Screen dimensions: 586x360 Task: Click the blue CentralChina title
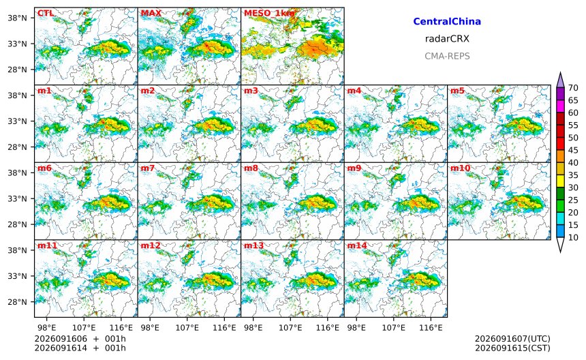(447, 21)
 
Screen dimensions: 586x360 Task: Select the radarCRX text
(447, 38)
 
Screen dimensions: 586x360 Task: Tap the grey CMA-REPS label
(447, 56)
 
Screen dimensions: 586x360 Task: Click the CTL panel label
(46, 13)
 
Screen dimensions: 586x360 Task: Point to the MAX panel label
(151, 13)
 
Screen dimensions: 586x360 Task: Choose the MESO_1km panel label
(269, 14)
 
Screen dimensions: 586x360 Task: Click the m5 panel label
(457, 91)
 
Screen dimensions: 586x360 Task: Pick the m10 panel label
(460, 168)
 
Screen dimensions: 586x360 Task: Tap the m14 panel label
(357, 245)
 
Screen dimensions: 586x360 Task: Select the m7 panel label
(148, 168)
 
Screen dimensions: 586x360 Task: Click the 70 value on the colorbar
(573, 88)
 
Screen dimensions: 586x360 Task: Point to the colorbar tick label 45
(573, 150)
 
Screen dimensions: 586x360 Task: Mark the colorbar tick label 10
(573, 237)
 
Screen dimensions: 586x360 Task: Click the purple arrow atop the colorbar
(560, 79)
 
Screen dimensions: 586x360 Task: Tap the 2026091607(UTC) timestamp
(512, 339)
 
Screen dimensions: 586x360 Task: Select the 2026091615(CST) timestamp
(512, 348)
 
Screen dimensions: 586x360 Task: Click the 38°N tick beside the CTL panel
(18, 18)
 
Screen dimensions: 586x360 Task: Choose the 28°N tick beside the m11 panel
(18, 301)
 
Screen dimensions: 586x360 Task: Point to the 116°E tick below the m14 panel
(431, 328)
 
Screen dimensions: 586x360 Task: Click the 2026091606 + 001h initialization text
(80, 339)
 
